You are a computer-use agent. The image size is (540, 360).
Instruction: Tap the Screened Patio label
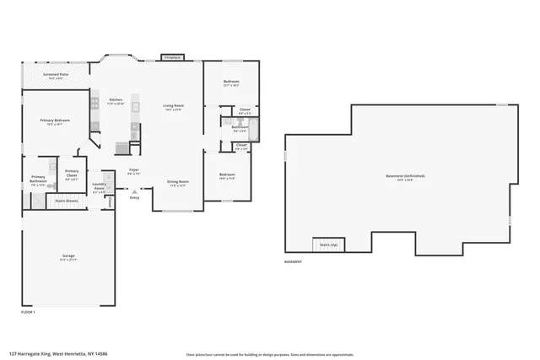[54, 74]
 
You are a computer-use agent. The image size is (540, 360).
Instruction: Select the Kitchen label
[116, 100]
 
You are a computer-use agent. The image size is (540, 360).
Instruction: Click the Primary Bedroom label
[55, 121]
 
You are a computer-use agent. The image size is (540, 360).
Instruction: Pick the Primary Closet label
[72, 175]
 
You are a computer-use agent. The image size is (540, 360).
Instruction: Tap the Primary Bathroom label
[38, 180]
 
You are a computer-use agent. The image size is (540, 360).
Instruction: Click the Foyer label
[133, 170]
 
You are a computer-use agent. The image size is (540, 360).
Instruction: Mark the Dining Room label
[176, 182]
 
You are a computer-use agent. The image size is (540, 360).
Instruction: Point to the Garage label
[67, 255]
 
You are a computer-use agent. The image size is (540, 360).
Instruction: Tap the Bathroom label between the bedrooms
[240, 127]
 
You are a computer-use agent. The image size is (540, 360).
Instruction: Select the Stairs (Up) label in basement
[328, 244]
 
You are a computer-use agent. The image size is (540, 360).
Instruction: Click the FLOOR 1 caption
[28, 312]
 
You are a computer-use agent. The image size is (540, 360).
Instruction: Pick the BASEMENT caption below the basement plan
[294, 262]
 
